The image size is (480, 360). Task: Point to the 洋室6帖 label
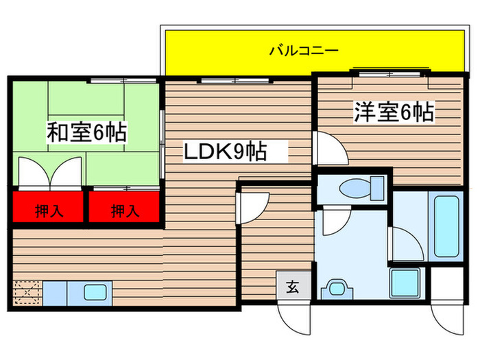click(394, 112)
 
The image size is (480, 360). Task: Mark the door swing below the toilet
click(335, 221)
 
